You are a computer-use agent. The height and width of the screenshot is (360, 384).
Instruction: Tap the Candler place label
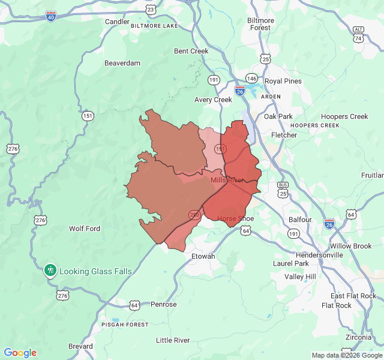[117, 22]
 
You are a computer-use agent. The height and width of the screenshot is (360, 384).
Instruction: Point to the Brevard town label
[80, 346]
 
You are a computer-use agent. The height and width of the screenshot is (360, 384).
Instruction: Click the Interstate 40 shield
[51, 16]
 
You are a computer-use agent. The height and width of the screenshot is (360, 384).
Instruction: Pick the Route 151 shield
[88, 116]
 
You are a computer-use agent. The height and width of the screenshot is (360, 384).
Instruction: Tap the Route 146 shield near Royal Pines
[251, 79]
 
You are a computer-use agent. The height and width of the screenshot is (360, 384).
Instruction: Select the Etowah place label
[202, 256]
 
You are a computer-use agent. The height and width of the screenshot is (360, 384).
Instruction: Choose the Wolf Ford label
[85, 229]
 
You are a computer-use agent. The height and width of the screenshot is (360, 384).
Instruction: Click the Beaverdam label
[122, 63]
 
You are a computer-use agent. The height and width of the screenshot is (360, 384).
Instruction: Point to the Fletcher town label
[284, 135]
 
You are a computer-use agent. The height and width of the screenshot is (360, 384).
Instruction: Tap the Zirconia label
[359, 337]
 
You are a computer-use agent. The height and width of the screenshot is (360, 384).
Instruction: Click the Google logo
[20, 353]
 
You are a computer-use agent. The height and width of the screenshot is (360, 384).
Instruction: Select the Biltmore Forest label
[260, 24]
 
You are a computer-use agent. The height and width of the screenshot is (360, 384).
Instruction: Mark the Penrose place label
[163, 304]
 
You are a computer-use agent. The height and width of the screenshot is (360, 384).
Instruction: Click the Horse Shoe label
[235, 218]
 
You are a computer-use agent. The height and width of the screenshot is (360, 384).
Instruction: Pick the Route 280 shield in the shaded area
[194, 214]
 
